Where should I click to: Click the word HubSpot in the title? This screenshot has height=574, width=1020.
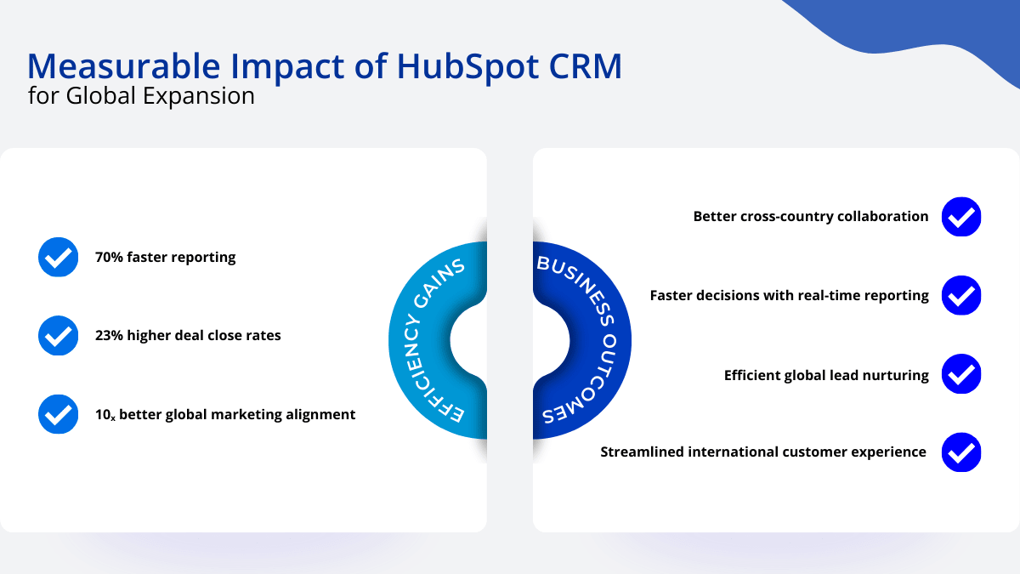point(468,67)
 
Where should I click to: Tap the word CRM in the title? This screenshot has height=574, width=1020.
point(585,66)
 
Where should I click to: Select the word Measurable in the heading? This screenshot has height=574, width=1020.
point(124,66)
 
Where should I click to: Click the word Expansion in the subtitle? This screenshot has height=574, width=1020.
point(199,97)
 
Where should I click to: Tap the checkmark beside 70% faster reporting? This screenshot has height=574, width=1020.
point(59,257)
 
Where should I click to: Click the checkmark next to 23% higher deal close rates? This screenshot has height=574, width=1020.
point(59,335)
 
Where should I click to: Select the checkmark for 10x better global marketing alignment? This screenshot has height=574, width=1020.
point(59,414)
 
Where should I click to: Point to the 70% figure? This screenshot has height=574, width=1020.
point(110,257)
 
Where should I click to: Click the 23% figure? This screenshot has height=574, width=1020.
point(110,335)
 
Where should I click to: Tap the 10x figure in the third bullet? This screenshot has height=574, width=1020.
point(105,415)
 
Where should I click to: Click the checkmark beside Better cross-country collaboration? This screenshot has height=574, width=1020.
point(961,217)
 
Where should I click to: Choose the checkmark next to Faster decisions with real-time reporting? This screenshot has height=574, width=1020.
point(961,295)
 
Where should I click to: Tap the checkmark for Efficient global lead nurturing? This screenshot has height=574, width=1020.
point(961,374)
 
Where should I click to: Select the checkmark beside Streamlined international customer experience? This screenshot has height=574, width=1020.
point(961,452)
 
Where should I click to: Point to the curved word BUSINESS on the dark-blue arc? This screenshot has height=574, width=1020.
point(576,286)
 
